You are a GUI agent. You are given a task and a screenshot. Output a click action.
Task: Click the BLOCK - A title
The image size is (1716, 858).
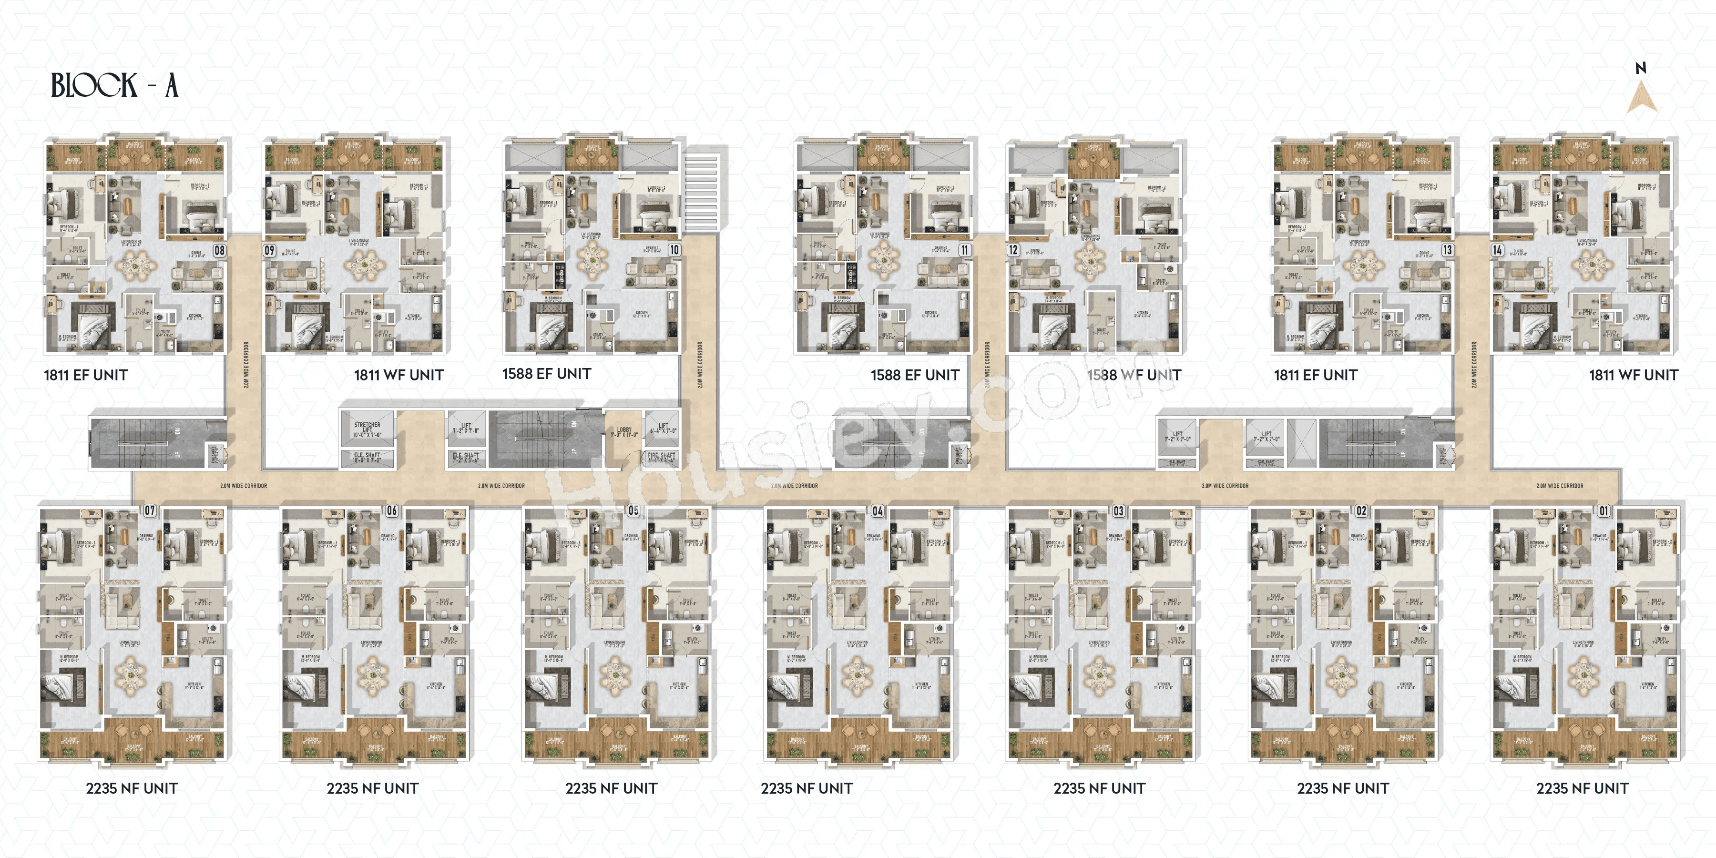coord(114,85)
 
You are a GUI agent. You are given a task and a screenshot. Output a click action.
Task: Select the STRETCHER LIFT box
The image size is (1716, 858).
coord(367,429)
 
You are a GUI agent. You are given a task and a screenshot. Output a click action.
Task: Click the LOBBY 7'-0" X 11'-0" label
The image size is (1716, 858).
coord(624,432)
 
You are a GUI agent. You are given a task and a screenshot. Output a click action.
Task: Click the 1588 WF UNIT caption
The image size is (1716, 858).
coord(1134,375)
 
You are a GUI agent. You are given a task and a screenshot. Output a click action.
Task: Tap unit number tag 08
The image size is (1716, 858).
coord(219,250)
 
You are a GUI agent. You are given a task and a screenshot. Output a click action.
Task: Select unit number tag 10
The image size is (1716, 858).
coord(674,250)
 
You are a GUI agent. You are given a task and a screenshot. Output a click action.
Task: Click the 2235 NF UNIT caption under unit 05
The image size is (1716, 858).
coord(611,788)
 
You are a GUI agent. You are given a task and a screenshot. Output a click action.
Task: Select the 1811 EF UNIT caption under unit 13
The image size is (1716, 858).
coord(1315,375)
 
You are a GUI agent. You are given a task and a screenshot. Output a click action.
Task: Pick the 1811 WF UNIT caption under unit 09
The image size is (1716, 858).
coord(398,375)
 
